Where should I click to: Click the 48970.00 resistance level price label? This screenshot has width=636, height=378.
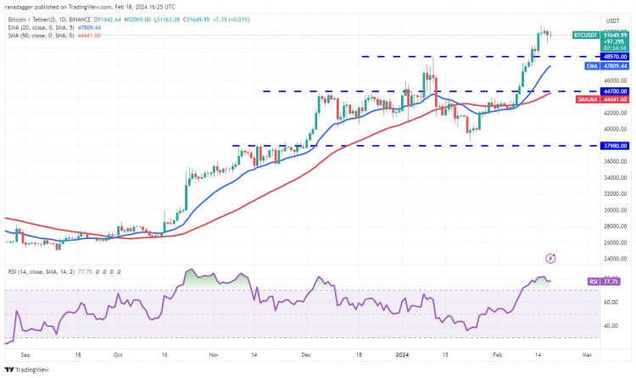pos(615,56)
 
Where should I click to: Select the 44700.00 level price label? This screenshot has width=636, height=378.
pos(615,91)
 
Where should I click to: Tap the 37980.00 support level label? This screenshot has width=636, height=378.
pos(615,145)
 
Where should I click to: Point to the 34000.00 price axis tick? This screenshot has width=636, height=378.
pos(614,178)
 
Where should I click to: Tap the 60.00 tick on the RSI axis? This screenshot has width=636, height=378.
pos(609,301)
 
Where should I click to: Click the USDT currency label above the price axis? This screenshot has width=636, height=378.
pos(612,20)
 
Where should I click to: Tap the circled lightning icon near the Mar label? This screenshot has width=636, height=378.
pos(550,257)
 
